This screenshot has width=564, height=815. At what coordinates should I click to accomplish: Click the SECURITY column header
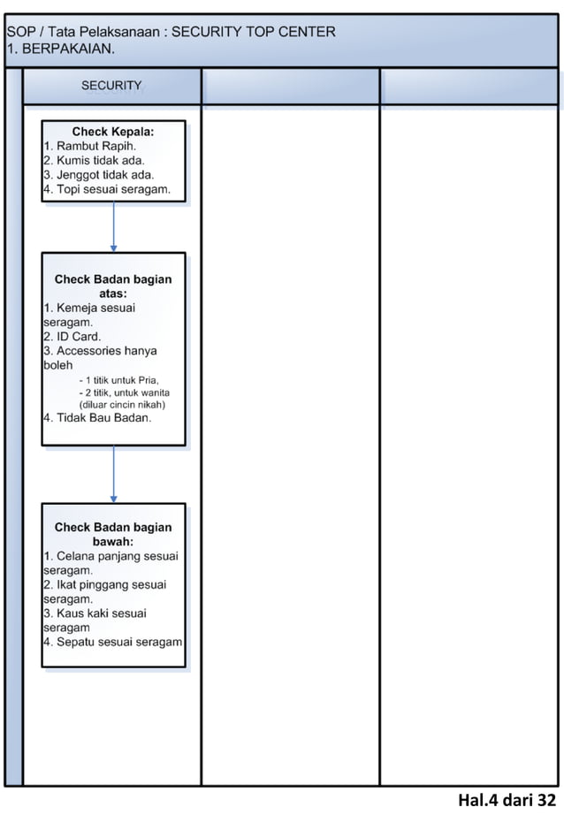(111, 86)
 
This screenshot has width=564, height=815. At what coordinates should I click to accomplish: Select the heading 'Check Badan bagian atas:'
(113, 286)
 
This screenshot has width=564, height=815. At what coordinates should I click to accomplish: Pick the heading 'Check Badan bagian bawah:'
(113, 534)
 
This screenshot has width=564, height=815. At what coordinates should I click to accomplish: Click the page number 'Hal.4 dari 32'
(507, 801)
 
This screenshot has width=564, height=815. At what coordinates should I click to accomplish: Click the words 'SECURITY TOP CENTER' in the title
(253, 32)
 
